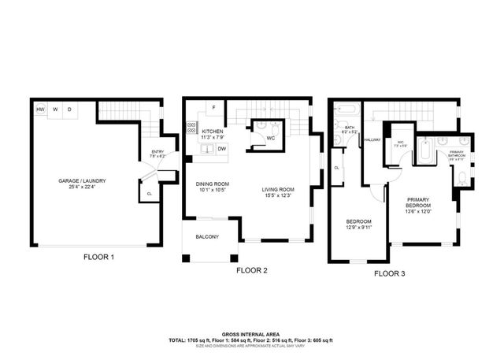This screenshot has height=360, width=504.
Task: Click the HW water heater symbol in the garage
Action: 40,109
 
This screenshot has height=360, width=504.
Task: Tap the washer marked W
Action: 55,109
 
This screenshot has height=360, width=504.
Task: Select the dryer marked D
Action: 69,109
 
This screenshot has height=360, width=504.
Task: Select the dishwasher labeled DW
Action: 222,148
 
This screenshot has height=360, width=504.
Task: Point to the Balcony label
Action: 207,236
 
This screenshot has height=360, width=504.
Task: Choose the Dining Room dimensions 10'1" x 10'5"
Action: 212,190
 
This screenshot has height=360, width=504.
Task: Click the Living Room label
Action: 278,190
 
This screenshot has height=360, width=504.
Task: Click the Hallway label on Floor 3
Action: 372,140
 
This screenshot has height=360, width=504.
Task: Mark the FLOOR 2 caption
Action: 252,270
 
